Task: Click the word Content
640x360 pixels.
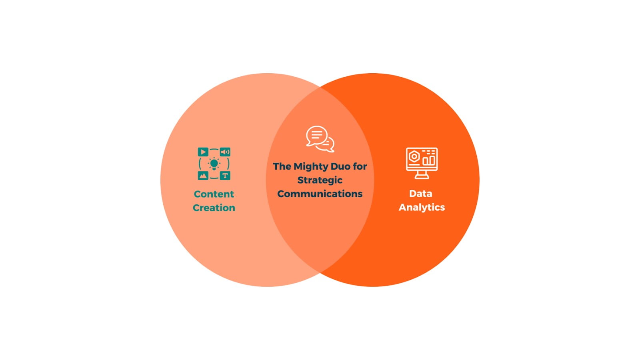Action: (x=214, y=194)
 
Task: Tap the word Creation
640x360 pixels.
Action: (x=214, y=208)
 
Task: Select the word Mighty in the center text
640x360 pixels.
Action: (x=311, y=166)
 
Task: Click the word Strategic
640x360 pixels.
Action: (x=320, y=180)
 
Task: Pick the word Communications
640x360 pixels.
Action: (x=320, y=194)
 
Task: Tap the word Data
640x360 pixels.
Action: (x=420, y=194)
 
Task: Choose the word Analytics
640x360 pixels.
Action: (x=422, y=208)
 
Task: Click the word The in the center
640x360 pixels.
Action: (x=282, y=166)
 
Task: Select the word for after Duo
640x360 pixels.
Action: (x=360, y=166)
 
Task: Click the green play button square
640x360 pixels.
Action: (x=203, y=152)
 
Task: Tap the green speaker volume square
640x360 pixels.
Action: (x=225, y=152)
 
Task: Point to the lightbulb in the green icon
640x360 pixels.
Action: (x=214, y=164)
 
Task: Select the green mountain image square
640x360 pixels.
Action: (x=203, y=176)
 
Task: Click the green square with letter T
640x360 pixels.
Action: (x=225, y=176)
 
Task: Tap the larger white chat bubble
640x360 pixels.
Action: (x=316, y=136)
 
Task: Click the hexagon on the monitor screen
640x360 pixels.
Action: (x=414, y=156)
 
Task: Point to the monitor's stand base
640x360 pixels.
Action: (x=422, y=176)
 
